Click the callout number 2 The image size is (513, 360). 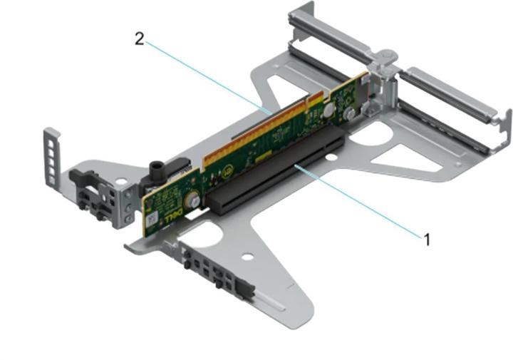pos(140,38)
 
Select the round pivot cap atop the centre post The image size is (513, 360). pos(385,54)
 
